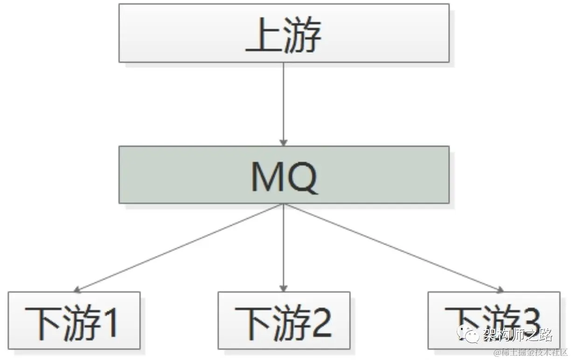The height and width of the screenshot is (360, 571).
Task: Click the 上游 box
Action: tap(284, 33)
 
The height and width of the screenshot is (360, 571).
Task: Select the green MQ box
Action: tap(284, 174)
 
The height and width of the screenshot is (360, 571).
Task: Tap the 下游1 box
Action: tap(74, 320)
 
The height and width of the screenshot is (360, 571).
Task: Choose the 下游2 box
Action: tap(284, 320)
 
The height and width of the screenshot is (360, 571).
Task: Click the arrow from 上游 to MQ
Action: tap(284, 103)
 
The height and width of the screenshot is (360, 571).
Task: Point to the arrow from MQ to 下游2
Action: tap(284, 247)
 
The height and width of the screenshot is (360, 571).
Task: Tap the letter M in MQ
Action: tap(266, 177)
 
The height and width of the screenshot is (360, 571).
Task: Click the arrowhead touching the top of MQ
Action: tap(284, 142)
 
